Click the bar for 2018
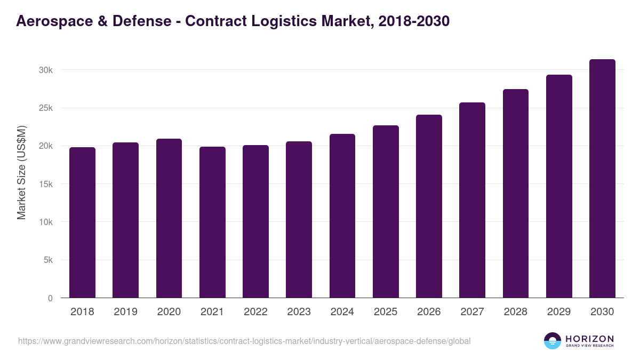click(x=82, y=222)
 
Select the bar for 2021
click(x=212, y=222)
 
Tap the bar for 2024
click(x=342, y=216)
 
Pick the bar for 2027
click(x=472, y=200)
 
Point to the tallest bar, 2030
click(x=602, y=179)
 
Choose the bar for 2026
click(x=429, y=206)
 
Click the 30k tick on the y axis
click(x=45, y=70)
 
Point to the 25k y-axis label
click(x=45, y=108)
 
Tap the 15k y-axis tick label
click(x=45, y=184)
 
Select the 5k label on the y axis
click(x=47, y=260)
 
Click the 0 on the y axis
click(x=50, y=298)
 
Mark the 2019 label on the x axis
click(x=125, y=312)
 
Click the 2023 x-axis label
click(x=299, y=312)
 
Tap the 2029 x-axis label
click(x=559, y=312)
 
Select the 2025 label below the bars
click(x=386, y=312)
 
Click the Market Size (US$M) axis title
click(x=21, y=172)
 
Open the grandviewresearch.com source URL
click(x=244, y=341)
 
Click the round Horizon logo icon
click(x=553, y=341)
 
